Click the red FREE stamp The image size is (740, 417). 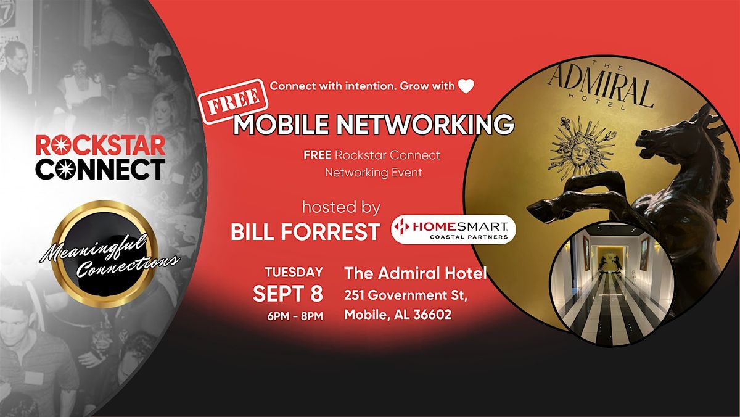coord(235,101)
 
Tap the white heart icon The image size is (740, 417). coord(466,86)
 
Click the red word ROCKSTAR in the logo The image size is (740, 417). coord(101,146)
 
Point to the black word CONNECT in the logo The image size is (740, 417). coord(101,169)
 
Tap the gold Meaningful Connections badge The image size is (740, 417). coord(102,254)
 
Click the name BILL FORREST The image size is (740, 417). coord(305,231)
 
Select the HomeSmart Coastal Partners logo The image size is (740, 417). coord(453,229)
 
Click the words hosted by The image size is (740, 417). coord(341,207)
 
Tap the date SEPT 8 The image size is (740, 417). coord(288,294)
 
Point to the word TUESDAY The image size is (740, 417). coord(294,272)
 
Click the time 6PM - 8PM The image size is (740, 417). coord(295,316)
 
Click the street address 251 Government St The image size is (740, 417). coord(406,295)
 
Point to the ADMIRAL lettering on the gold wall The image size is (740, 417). coord(601,87)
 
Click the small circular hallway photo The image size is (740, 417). coord(612,286)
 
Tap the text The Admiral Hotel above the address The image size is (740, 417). coord(416,273)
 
